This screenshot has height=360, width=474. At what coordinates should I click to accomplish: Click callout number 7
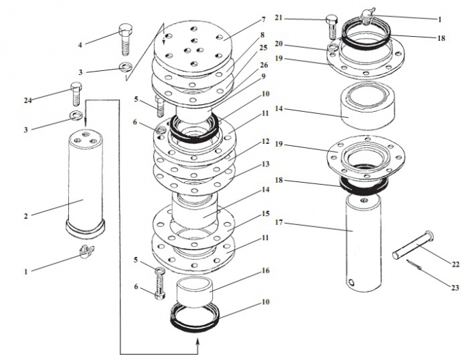pyautogui.click(x=263, y=19)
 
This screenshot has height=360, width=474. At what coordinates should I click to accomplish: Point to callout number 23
pyautogui.click(x=455, y=288)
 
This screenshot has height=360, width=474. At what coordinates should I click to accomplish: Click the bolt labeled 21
pyautogui.click(x=332, y=27)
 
